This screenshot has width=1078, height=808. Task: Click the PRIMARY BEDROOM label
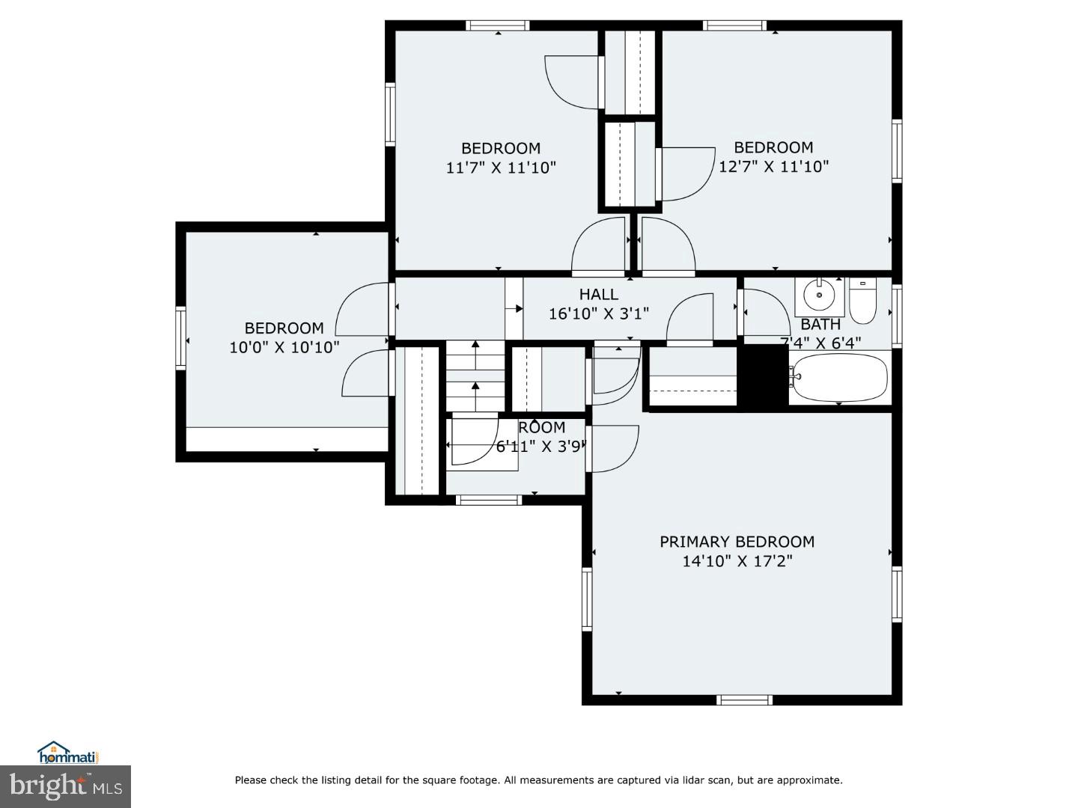pyautogui.click(x=737, y=542)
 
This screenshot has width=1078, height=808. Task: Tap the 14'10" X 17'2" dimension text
pyautogui.click(x=737, y=561)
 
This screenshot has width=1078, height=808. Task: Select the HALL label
pyautogui.click(x=598, y=295)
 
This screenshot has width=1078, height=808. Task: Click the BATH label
pyautogui.click(x=820, y=325)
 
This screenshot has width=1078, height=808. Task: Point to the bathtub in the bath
pyautogui.click(x=840, y=377)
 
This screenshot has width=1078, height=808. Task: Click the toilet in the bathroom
pyautogui.click(x=862, y=301)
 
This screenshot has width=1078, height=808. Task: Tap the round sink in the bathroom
pyautogui.click(x=819, y=296)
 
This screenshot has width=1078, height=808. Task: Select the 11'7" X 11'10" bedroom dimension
pyautogui.click(x=501, y=168)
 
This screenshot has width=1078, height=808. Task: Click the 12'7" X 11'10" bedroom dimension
pyautogui.click(x=773, y=167)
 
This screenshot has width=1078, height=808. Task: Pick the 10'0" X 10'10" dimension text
pyautogui.click(x=284, y=347)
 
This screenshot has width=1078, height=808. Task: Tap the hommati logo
pyautogui.click(x=68, y=753)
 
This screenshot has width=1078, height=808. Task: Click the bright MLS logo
pyautogui.click(x=65, y=786)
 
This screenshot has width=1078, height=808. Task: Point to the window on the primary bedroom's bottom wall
pyautogui.click(x=744, y=700)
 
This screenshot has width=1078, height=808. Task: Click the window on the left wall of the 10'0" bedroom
pyautogui.click(x=180, y=338)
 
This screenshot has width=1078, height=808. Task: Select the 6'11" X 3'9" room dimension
pyautogui.click(x=538, y=447)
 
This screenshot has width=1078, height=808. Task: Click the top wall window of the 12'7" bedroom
pyautogui.click(x=734, y=25)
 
